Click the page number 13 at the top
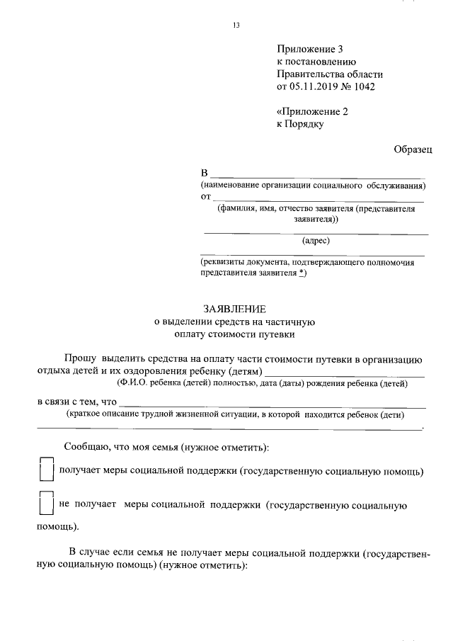[236, 26]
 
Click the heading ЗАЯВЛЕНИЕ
[235, 310]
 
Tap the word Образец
[413, 149]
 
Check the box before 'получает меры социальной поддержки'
[46, 470]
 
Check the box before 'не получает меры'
[46, 504]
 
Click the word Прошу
[78, 359]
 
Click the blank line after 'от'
[319, 200]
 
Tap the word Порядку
[306, 125]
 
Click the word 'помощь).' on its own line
[58, 527]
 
